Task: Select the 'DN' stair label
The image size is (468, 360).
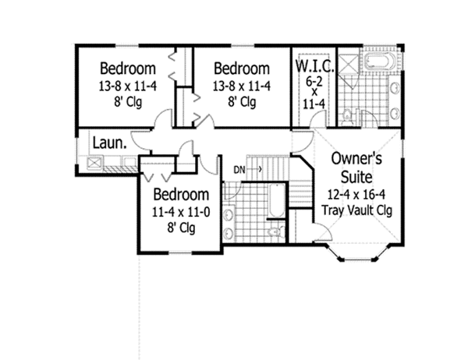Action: [x=238, y=168]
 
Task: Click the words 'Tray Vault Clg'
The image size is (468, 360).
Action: [x=356, y=210]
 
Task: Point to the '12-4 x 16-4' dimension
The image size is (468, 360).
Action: [x=356, y=193]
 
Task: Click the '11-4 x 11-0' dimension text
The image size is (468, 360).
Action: [x=181, y=211]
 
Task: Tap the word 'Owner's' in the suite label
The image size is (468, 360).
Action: [x=356, y=157]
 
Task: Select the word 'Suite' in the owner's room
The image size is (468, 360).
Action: [x=356, y=175]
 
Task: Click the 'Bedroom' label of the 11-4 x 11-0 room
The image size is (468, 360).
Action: [x=181, y=194]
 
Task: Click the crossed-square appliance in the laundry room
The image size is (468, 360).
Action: [x=97, y=162]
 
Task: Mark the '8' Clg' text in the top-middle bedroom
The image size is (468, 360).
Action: [x=241, y=101]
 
